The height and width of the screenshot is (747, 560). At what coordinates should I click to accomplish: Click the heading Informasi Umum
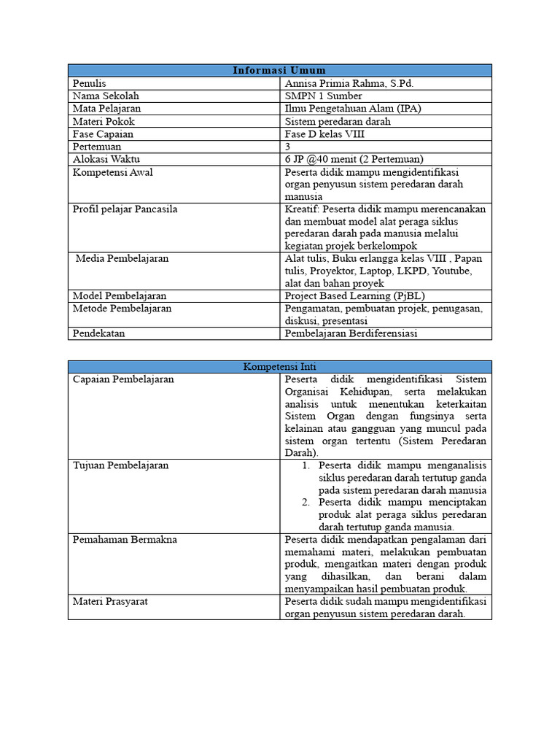click(x=279, y=70)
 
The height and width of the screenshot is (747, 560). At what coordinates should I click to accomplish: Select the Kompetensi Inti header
click(x=279, y=367)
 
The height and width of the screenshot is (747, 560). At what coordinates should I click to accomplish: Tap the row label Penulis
click(x=90, y=83)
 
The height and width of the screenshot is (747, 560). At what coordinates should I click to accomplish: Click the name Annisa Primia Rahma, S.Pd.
click(x=349, y=83)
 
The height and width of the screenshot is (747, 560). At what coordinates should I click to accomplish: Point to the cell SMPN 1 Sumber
click(x=323, y=96)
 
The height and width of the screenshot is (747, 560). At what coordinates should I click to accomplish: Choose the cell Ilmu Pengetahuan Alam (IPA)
click(x=353, y=109)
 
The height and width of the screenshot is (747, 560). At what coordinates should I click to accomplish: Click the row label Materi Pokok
click(x=104, y=121)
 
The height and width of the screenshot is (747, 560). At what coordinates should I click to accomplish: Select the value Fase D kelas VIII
click(x=324, y=134)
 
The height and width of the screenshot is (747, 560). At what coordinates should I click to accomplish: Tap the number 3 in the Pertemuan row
click(x=288, y=147)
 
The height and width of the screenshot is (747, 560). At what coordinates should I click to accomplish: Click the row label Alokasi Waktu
click(x=106, y=159)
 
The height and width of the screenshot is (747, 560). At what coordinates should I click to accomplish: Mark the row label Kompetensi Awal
click(x=112, y=172)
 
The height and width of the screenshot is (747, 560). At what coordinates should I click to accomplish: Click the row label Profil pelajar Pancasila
click(x=125, y=209)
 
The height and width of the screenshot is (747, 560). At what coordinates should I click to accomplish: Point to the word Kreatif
click(x=302, y=209)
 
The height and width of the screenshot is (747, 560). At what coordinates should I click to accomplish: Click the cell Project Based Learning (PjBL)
click(x=354, y=296)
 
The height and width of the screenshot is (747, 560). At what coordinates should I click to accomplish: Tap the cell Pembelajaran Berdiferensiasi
click(x=351, y=333)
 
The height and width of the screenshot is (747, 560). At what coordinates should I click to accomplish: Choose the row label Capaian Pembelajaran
click(x=123, y=379)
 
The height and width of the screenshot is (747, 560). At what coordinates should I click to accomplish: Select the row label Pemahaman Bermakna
click(x=125, y=540)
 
